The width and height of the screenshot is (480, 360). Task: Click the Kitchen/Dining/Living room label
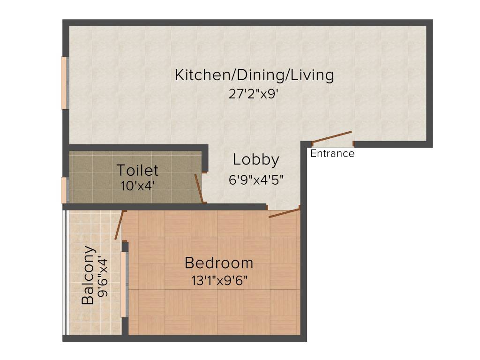pos(254,75)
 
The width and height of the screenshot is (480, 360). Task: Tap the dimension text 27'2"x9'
pos(254,94)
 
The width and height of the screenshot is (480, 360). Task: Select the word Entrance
pos(332,154)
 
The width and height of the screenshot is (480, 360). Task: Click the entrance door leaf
pos(332,136)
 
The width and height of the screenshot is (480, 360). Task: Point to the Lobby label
pos(256,160)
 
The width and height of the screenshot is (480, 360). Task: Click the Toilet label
pos(137,170)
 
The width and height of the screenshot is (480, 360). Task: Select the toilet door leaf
pos(199,188)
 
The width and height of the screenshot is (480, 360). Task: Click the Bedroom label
pos(219,263)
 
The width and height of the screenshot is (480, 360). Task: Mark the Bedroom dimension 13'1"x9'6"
pos(219,281)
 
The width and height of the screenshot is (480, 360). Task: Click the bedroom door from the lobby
pos(284,213)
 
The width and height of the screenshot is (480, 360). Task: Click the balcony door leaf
pos(119,225)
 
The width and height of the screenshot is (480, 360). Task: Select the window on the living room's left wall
pos(65,83)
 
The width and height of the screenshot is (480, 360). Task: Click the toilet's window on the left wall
pos(65,190)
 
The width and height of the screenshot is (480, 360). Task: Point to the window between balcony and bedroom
pos(124,285)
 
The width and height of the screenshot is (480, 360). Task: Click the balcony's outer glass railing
pos(66,272)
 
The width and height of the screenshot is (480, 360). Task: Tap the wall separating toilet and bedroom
pos(164,207)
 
